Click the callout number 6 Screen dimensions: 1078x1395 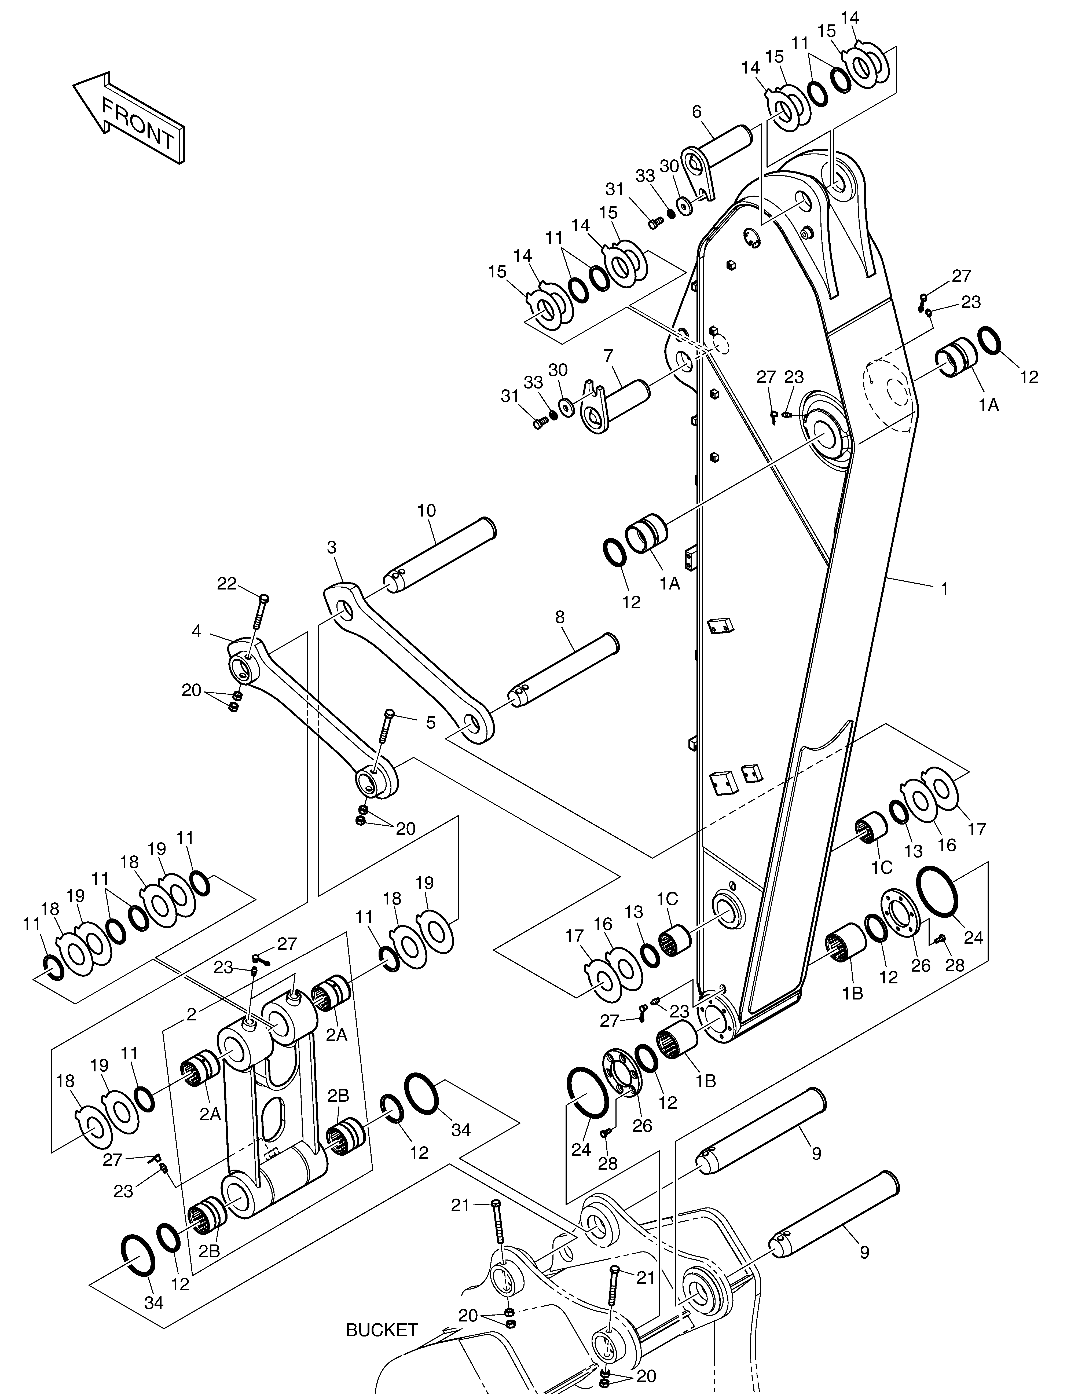pos(697,112)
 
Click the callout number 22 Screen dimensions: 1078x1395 pos(227,583)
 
